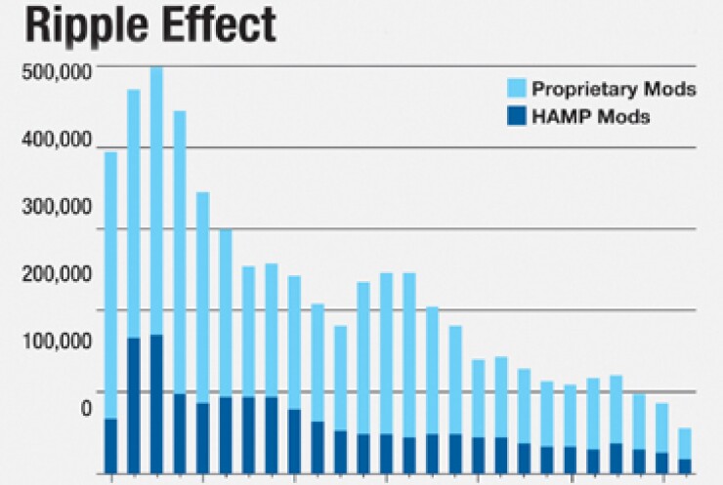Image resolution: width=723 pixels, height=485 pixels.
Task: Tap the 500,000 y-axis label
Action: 58,72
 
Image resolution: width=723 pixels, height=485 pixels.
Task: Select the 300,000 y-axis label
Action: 58,207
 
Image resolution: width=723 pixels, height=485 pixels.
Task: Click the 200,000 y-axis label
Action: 58,274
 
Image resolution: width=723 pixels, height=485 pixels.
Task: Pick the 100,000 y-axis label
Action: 58,342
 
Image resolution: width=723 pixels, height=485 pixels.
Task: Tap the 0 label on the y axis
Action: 86,408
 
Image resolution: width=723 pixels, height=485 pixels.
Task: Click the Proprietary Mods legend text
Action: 614,89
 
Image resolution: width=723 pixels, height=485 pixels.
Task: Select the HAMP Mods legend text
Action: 591,117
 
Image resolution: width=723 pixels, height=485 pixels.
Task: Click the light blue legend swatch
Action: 515,89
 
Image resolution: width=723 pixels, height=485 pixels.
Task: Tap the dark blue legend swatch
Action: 515,117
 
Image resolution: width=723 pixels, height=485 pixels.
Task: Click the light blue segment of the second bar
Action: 134,214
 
